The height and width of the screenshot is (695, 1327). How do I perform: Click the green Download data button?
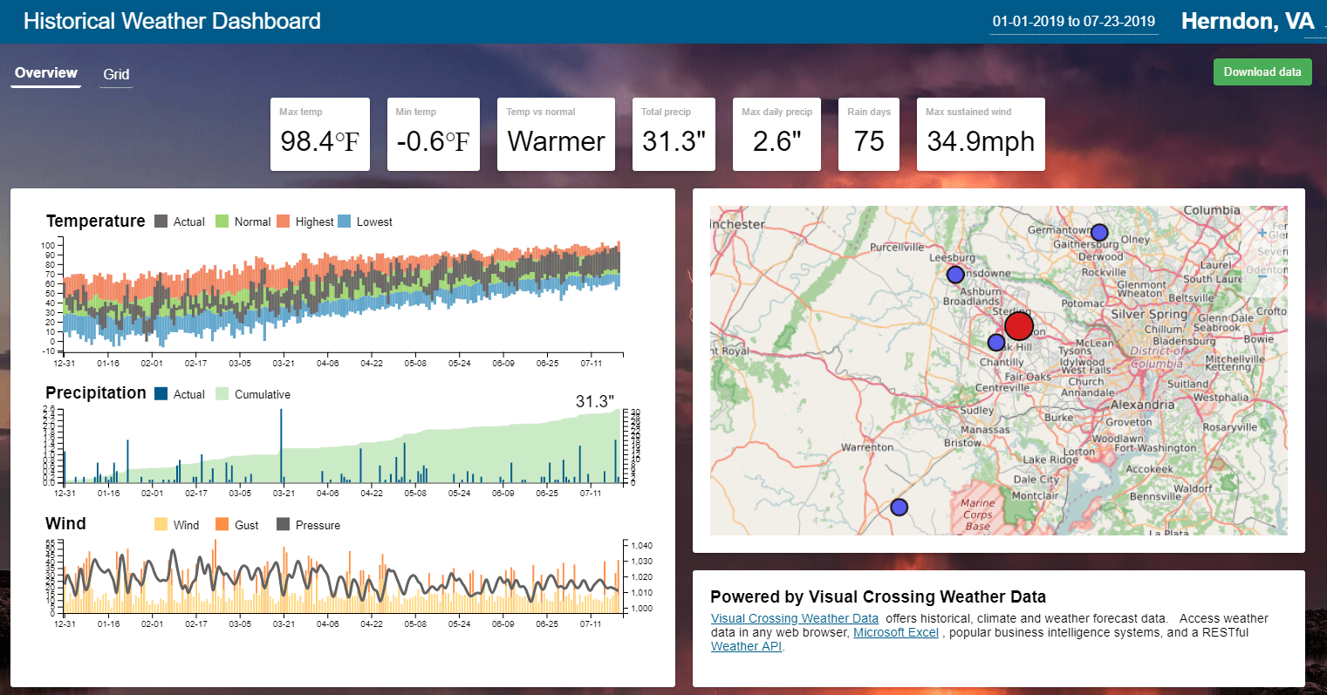tap(1262, 72)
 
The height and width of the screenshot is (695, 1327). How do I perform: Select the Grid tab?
tap(116, 75)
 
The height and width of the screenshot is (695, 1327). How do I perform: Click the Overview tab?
tap(46, 73)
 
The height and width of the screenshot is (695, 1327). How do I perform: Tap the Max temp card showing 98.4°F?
tap(319, 134)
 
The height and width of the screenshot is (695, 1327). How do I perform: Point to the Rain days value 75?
tap(869, 141)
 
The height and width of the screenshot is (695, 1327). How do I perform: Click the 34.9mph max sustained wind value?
tap(981, 141)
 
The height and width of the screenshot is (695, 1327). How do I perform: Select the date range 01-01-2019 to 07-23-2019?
tap(1073, 22)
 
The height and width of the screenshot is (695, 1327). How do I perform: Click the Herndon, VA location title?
tap(1247, 22)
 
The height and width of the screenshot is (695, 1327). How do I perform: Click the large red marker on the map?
tap(1018, 326)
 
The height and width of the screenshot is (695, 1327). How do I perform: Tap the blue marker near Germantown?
tap(1099, 233)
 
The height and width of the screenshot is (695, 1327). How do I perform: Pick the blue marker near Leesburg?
tap(955, 275)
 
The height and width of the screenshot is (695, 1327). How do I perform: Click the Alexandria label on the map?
tap(1142, 405)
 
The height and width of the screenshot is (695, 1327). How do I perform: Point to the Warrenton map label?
tap(866, 447)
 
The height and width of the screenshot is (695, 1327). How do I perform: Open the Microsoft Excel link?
tap(896, 633)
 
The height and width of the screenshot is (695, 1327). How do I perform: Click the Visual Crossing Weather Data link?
tap(794, 618)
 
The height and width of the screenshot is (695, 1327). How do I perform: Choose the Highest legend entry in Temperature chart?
tap(305, 222)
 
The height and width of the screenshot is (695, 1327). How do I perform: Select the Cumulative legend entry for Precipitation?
tap(253, 395)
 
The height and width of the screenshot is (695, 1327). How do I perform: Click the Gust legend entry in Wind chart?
tap(237, 526)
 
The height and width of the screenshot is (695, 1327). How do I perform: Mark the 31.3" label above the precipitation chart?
tap(594, 402)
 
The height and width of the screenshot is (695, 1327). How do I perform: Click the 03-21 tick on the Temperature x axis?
tap(284, 363)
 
